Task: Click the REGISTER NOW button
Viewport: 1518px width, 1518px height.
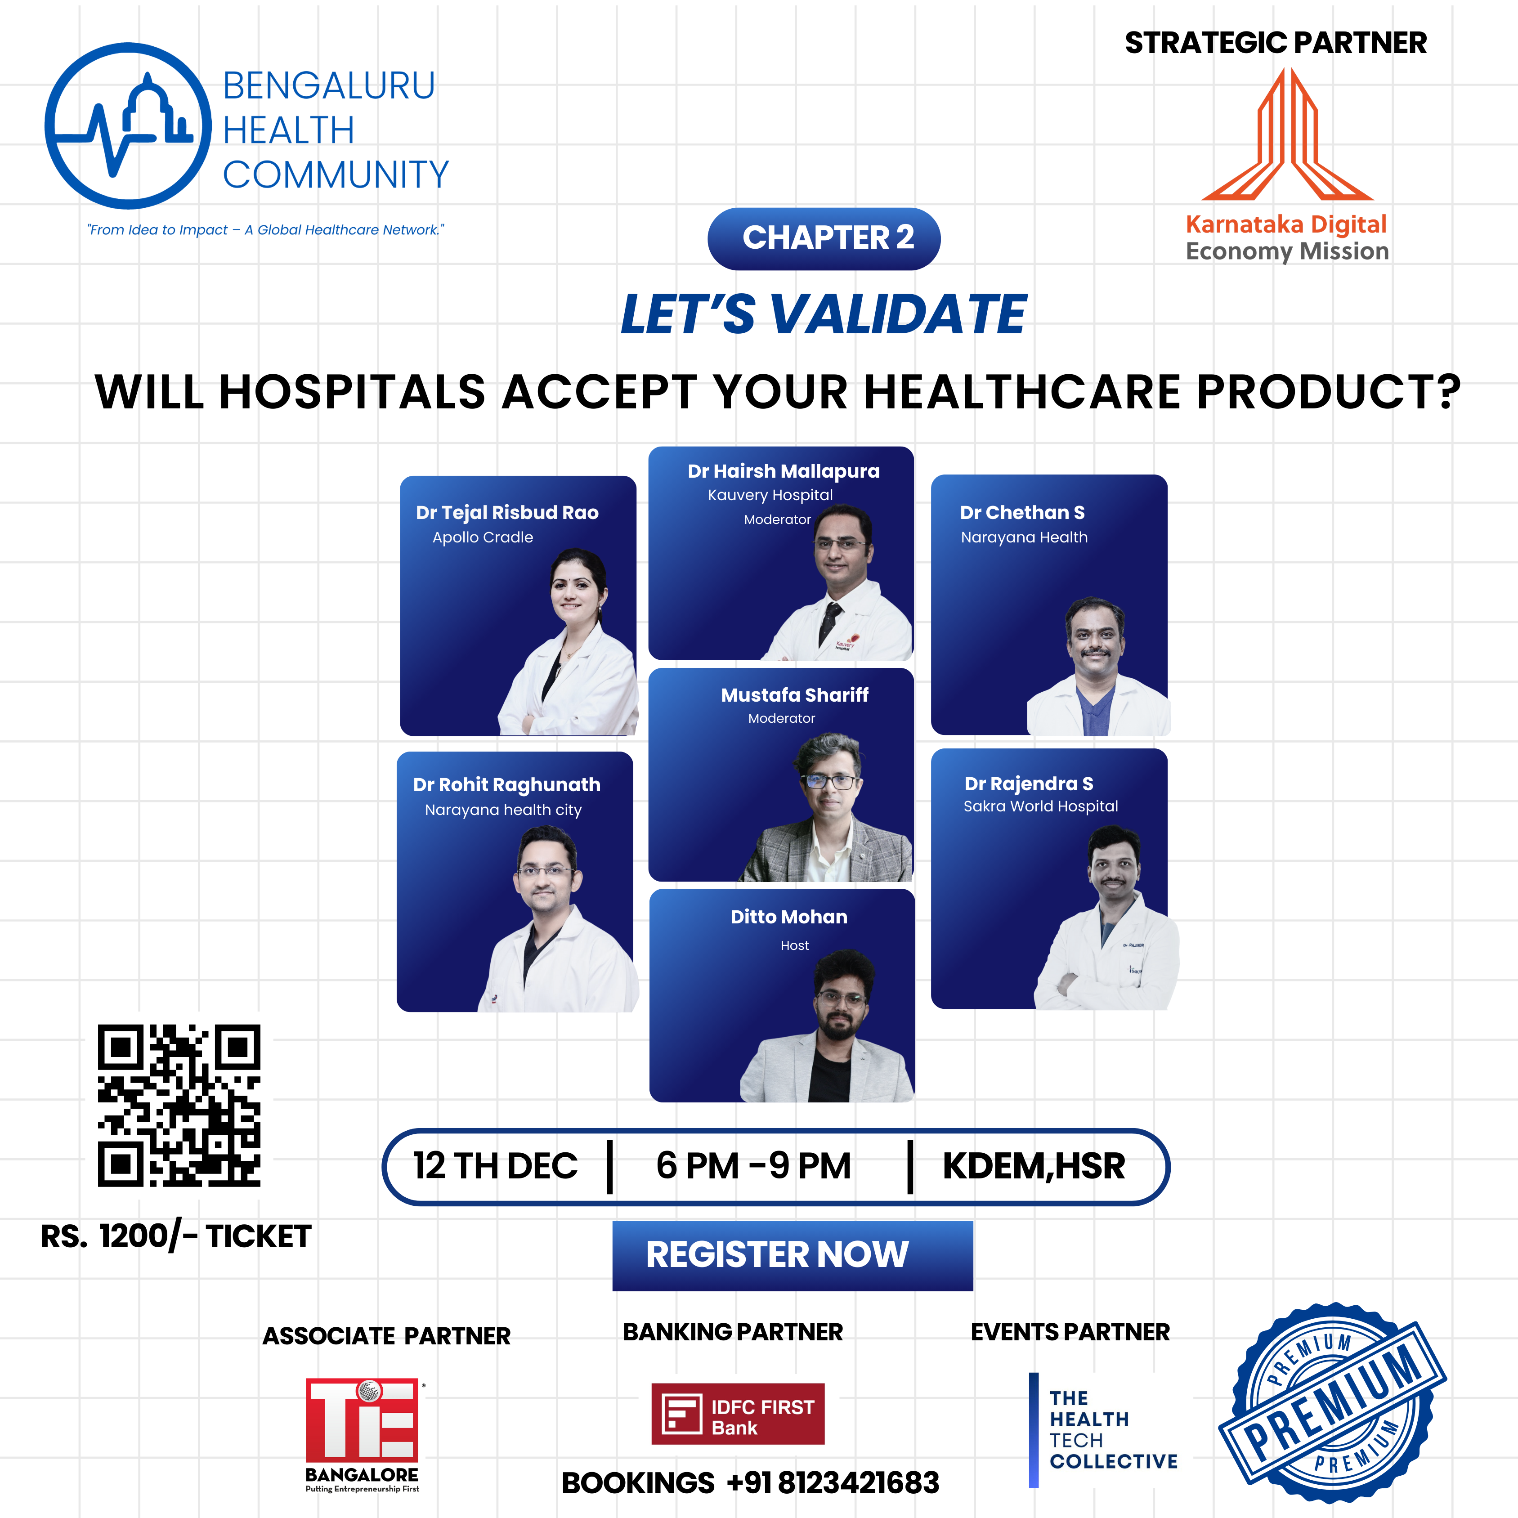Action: [792, 1255]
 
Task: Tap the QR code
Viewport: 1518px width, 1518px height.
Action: [179, 1105]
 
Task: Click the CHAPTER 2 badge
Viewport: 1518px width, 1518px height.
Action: [824, 238]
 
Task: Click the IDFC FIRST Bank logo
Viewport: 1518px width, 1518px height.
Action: [738, 1414]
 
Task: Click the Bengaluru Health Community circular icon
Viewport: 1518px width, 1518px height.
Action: [128, 126]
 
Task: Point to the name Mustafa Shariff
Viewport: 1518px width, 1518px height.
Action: [794, 694]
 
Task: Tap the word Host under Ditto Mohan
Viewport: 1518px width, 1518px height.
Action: [794, 945]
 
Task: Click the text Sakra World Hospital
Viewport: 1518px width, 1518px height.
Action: [1040, 806]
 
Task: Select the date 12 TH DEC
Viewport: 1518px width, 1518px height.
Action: [495, 1166]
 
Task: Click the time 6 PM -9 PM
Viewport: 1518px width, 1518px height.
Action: [753, 1166]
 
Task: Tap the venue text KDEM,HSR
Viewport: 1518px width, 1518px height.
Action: [1033, 1166]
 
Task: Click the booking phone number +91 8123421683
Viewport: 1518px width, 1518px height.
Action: [833, 1482]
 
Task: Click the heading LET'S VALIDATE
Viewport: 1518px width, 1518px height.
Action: [824, 314]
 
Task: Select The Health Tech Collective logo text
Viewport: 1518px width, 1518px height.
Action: [1113, 1429]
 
